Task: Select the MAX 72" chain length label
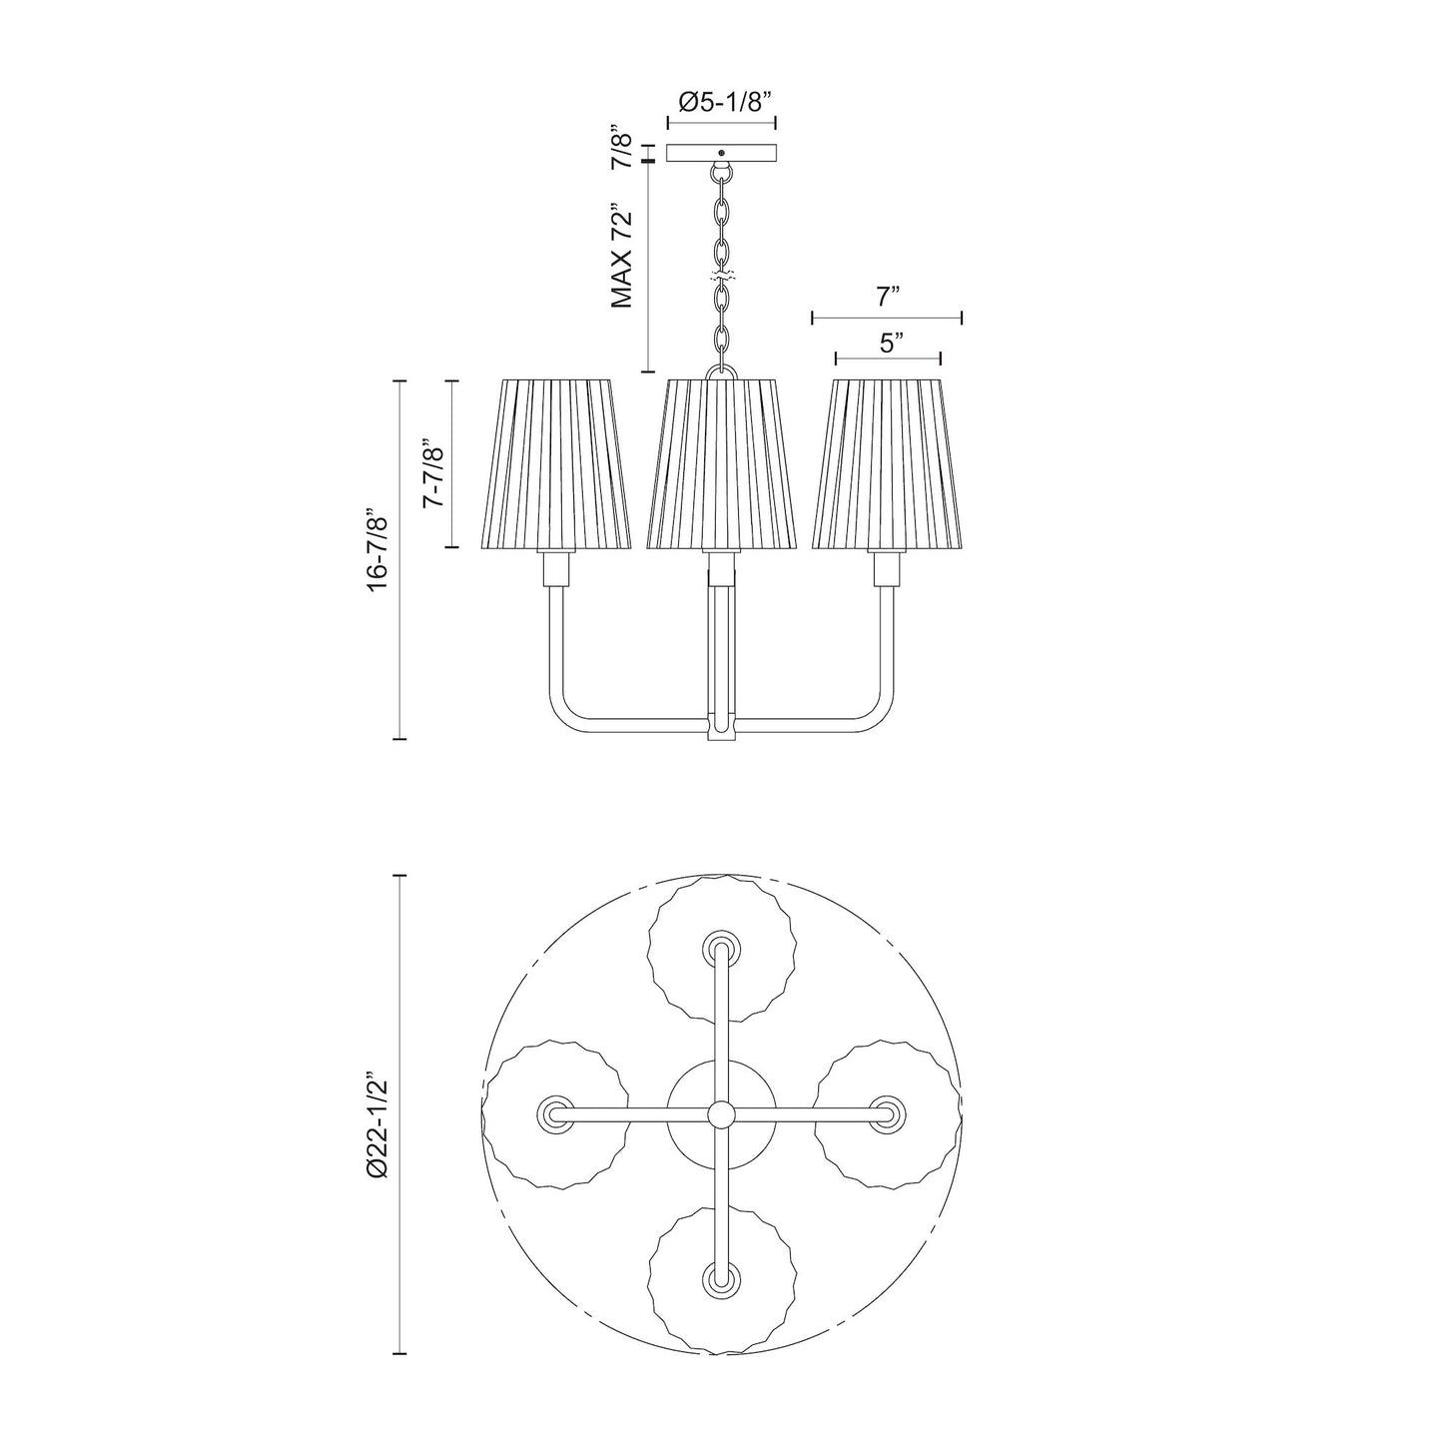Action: [622, 256]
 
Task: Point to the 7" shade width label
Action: [888, 298]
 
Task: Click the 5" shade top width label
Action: [888, 344]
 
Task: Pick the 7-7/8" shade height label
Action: [435, 474]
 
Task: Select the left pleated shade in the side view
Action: [555, 464]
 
